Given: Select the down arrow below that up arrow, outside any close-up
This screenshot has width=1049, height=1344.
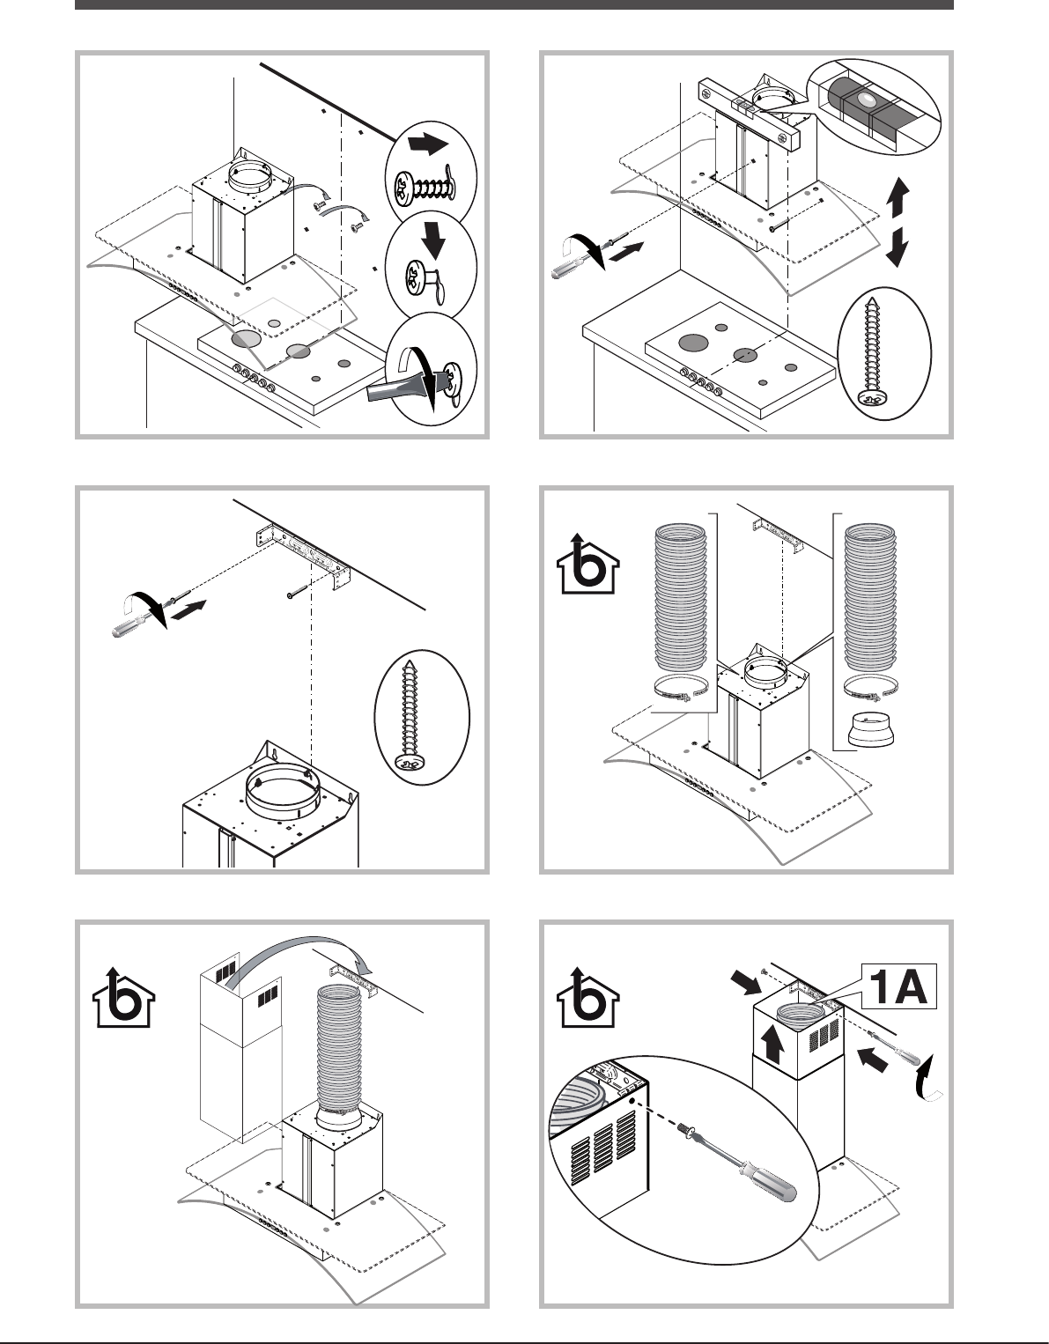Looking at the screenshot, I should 896,247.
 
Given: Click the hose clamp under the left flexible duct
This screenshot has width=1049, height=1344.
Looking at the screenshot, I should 683,692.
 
